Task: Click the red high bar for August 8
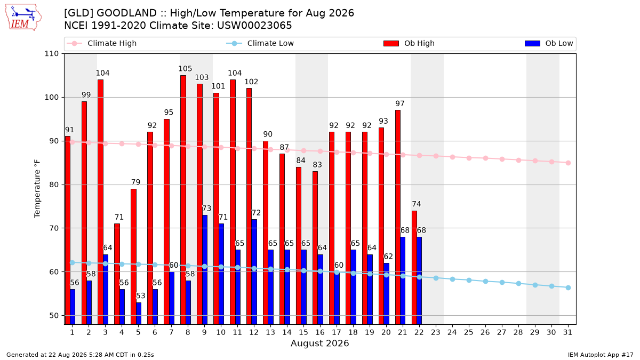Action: (x=183, y=199)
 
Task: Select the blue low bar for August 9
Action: (x=205, y=270)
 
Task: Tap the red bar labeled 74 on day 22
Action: (x=414, y=267)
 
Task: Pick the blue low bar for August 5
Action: (x=139, y=314)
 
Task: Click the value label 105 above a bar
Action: (x=185, y=69)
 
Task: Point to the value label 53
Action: (x=141, y=295)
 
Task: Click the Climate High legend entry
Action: (x=101, y=43)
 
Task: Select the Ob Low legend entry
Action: (x=549, y=43)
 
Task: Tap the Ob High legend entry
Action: (x=409, y=43)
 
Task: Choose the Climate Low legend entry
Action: (x=260, y=43)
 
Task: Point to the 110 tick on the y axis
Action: (x=51, y=54)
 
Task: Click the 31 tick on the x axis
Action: (x=567, y=332)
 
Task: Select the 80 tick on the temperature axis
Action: (x=54, y=185)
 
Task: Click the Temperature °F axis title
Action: (x=37, y=189)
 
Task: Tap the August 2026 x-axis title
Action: (x=319, y=343)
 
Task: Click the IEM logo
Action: (x=23, y=18)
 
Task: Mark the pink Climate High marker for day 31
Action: (x=568, y=163)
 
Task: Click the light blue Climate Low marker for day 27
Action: (x=502, y=282)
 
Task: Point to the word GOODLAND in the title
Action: (x=126, y=13)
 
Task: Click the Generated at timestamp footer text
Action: (x=80, y=355)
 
